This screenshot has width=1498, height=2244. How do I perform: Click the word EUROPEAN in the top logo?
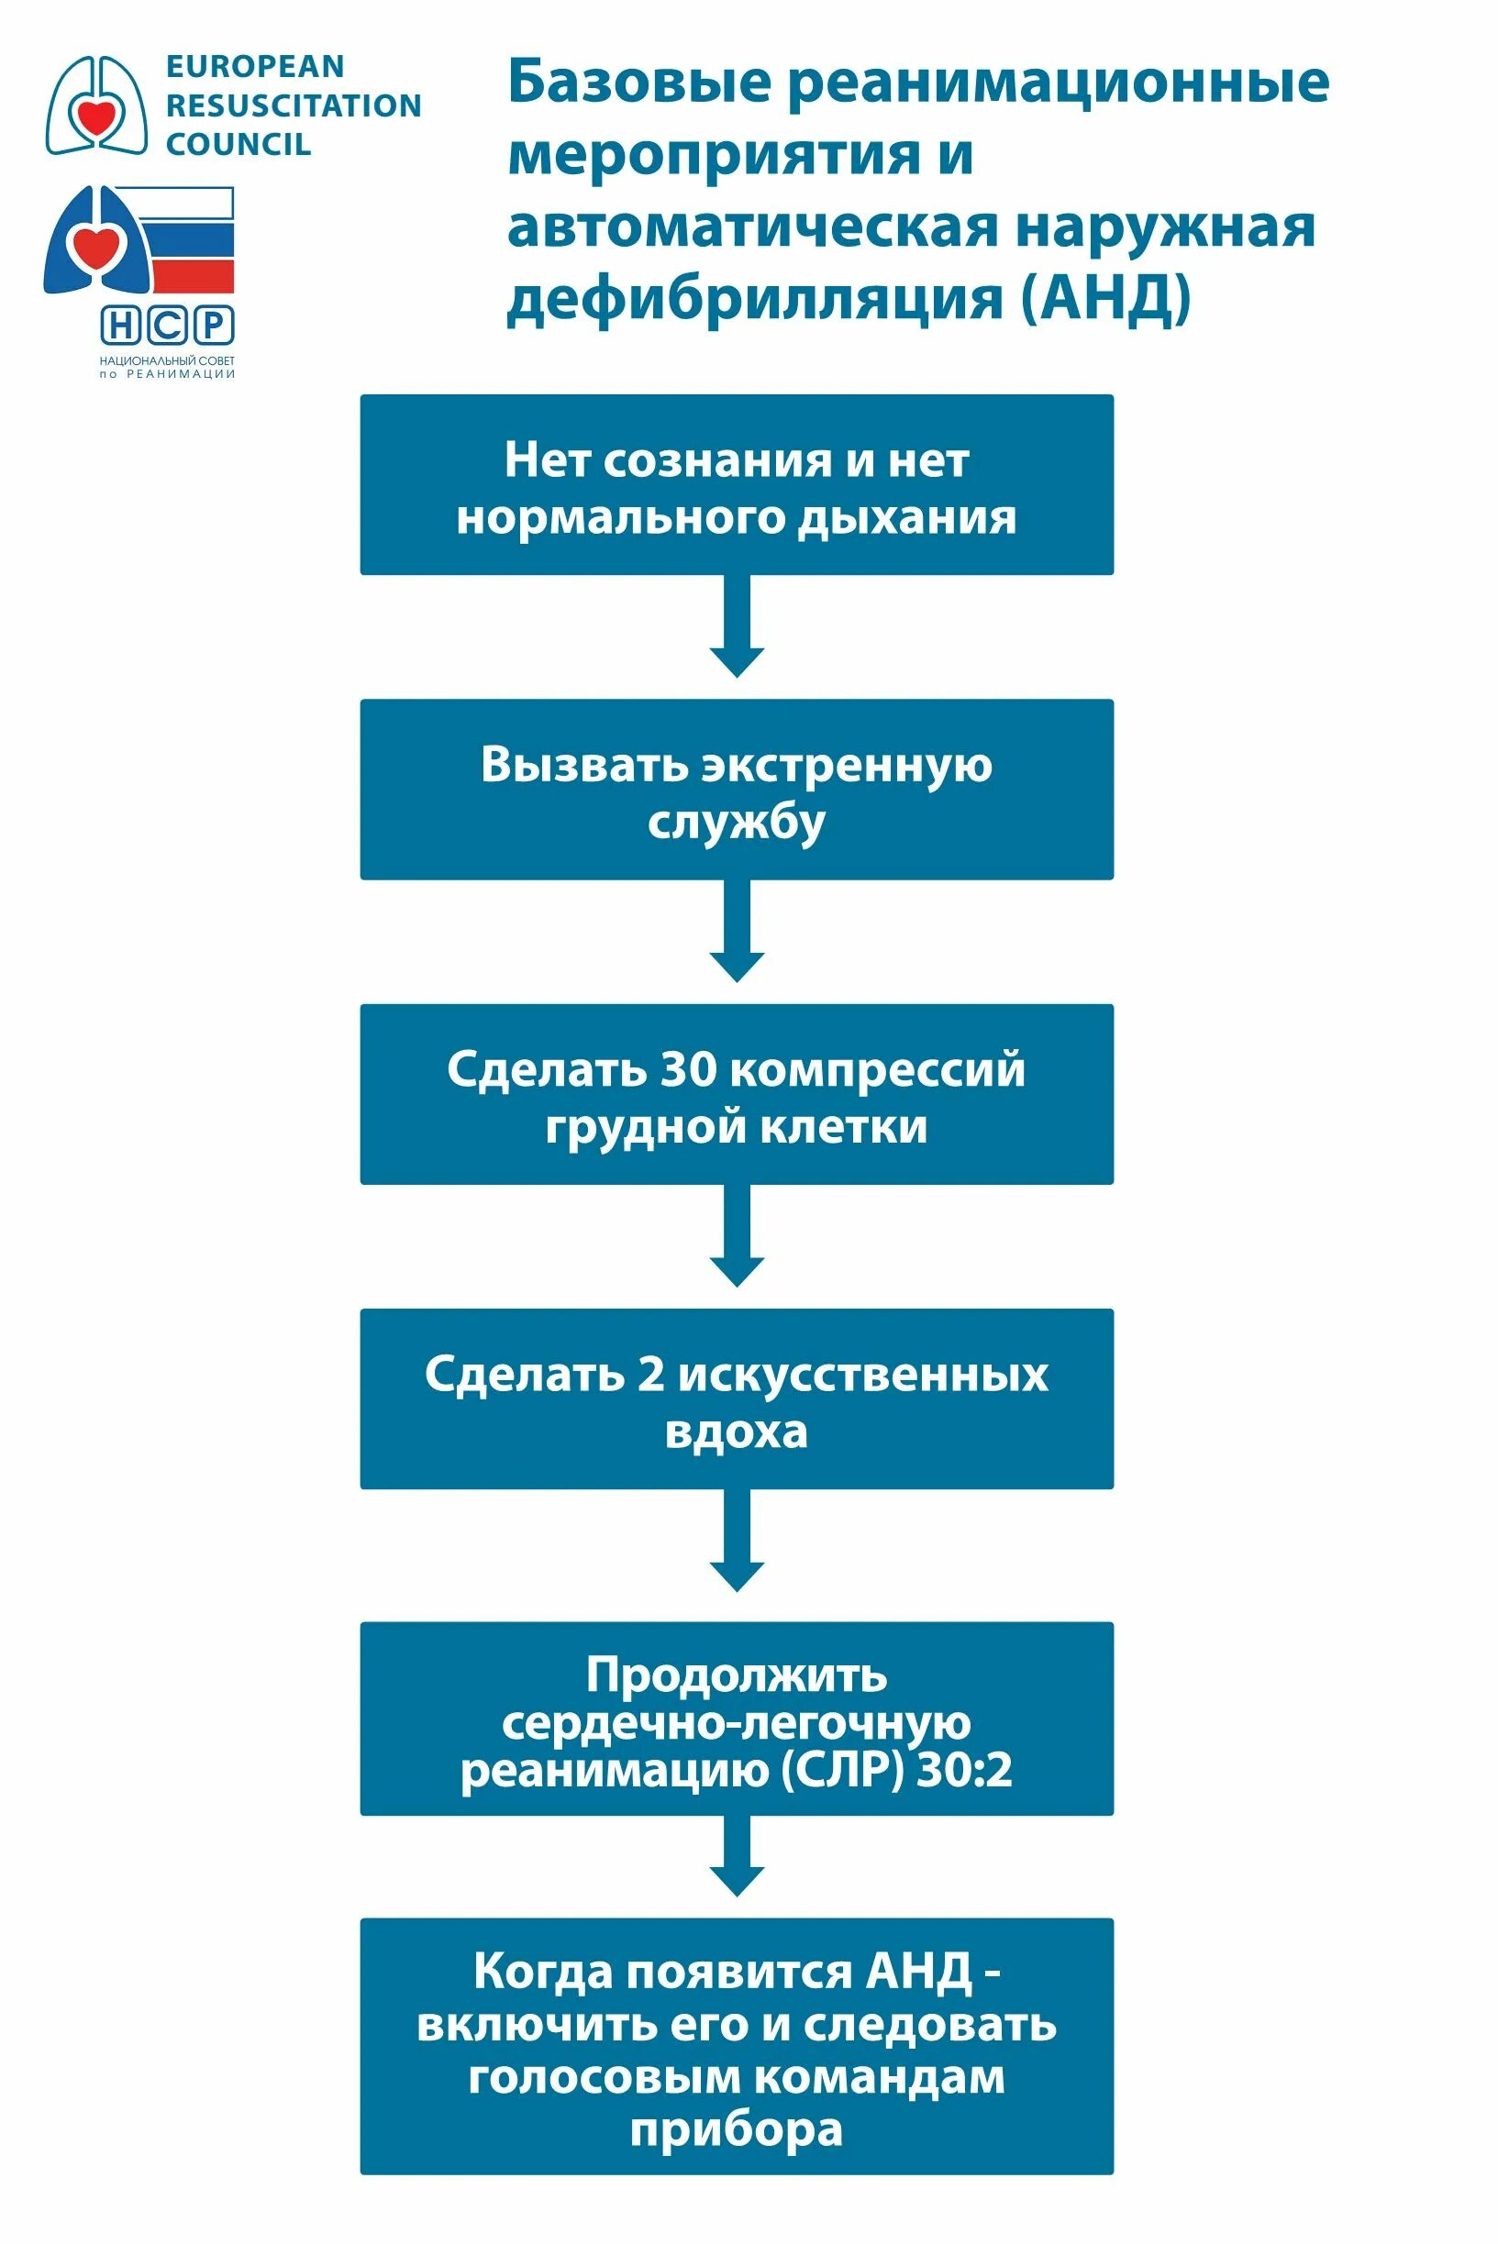point(254,67)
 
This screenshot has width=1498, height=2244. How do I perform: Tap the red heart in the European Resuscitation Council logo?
point(96,117)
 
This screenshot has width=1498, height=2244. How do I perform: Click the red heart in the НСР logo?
point(97,246)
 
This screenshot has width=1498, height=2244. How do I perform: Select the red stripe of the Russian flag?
point(193,276)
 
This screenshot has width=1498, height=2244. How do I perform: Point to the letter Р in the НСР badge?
point(215,326)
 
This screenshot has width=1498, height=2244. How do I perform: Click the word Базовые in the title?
point(638,83)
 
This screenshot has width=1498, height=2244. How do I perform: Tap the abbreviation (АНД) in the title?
point(1105,298)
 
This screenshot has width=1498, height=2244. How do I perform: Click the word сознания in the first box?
point(717,460)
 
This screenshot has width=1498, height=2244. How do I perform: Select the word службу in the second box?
point(736,823)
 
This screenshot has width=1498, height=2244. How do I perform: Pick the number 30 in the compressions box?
point(688,1068)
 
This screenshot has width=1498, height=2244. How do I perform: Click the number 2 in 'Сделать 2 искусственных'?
point(650,1374)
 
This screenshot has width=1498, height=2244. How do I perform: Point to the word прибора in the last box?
point(736,2128)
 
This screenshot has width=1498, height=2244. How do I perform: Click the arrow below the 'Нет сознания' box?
point(737,626)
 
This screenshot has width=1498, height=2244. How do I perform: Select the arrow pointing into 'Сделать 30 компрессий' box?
point(737,931)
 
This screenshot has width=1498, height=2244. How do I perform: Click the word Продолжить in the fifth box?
point(736,1675)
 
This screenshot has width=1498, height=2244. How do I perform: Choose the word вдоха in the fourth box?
point(736,1432)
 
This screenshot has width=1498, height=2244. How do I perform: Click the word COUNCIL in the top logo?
point(238,144)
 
